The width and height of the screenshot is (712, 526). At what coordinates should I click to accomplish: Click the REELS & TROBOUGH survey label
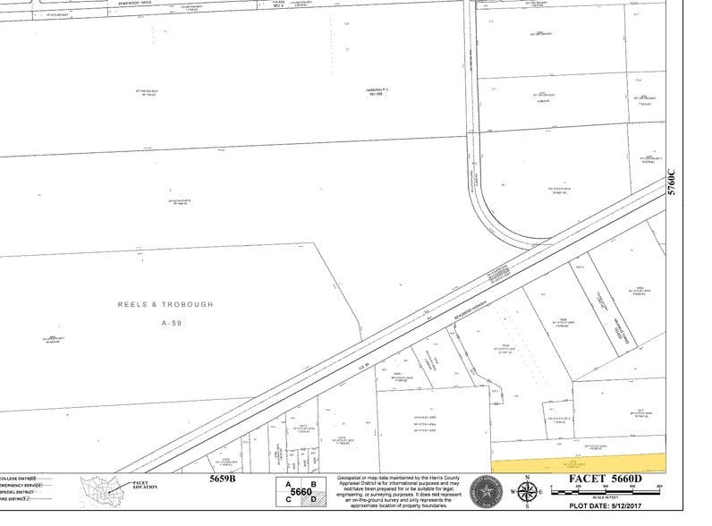[165, 304]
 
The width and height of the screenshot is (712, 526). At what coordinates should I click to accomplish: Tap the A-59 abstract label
[172, 322]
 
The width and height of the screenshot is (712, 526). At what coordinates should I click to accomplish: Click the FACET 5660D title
[603, 478]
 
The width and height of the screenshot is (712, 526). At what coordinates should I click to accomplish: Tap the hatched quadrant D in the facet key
[311, 499]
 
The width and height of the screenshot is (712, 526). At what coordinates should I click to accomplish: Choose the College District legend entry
[27, 479]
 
